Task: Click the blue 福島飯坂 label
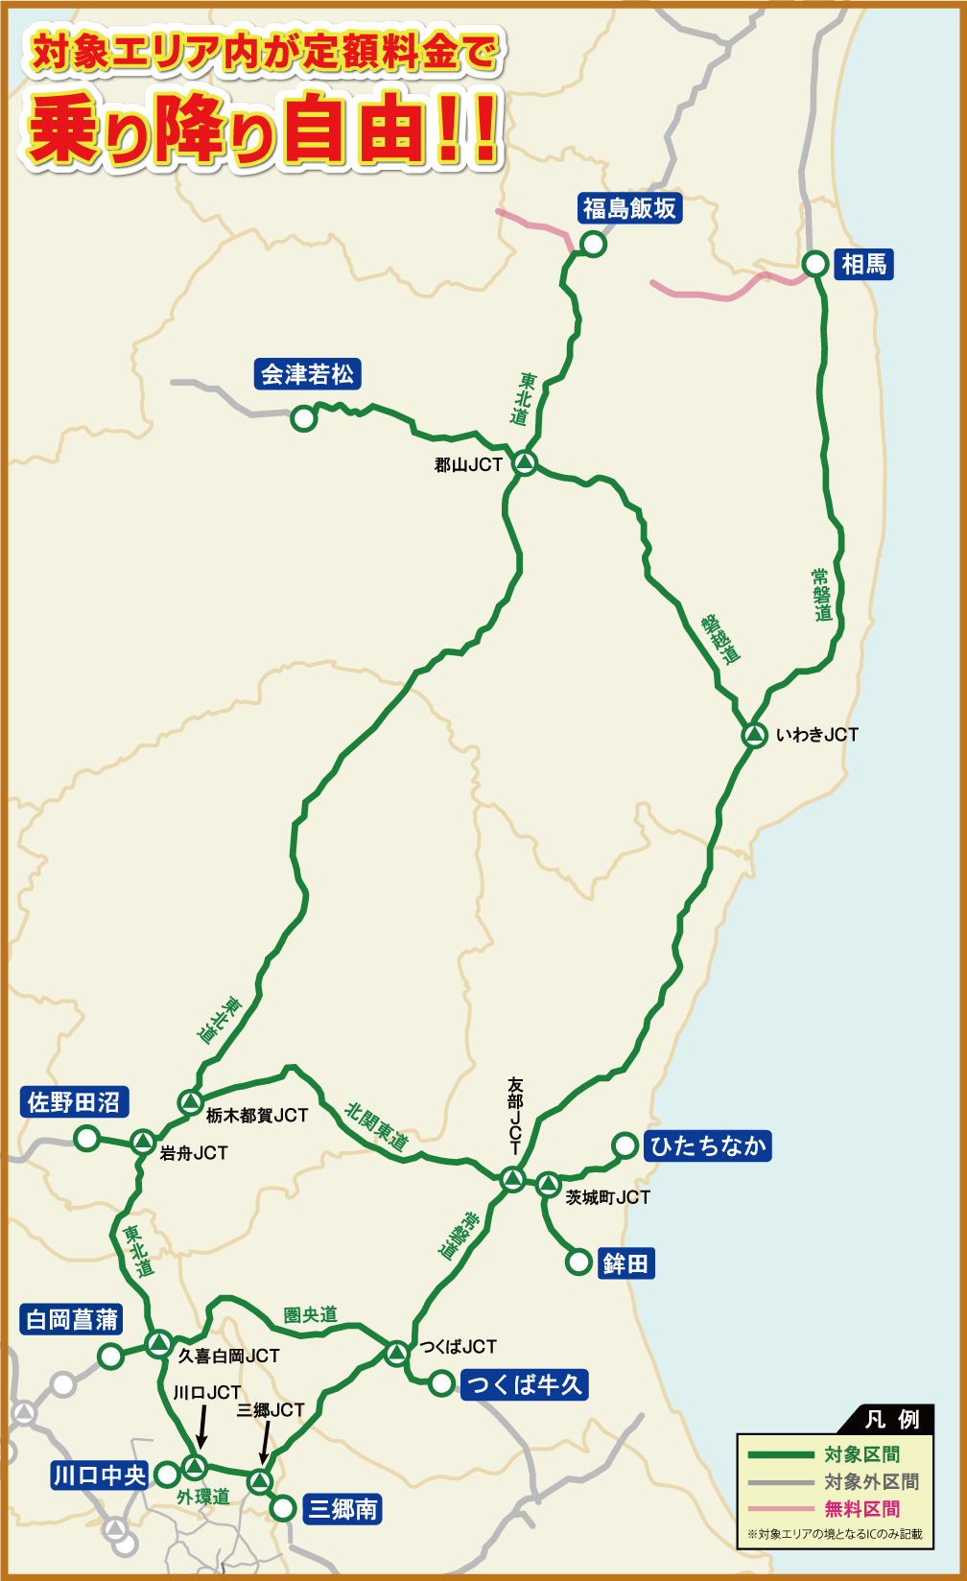[629, 208]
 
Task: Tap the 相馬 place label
[863, 264]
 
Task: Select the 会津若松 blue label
[308, 374]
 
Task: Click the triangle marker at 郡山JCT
[524, 463]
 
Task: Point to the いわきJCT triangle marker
[755, 735]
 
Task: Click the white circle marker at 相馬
[814, 264]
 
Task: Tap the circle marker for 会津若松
[303, 418]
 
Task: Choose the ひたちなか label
[708, 1145]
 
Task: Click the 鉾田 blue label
[625, 1263]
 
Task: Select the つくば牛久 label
[524, 1384]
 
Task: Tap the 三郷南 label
[342, 1509]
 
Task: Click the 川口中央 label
[100, 1475]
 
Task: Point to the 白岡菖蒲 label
[72, 1320]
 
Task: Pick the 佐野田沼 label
[74, 1102]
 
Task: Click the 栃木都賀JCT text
[257, 1116]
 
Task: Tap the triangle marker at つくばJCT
[396, 1354]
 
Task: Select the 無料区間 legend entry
[861, 1509]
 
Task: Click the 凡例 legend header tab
[891, 1419]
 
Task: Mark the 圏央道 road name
[310, 1315]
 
